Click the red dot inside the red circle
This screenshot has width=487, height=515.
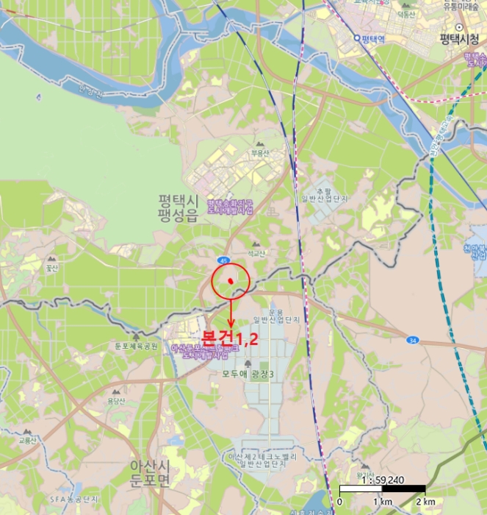point(231,281)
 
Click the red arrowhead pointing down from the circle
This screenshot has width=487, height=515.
point(231,324)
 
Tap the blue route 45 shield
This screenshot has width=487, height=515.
point(223,260)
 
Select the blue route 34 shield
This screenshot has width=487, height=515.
point(413,340)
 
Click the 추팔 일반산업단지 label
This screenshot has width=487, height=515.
point(323,193)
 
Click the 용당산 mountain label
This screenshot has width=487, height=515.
point(116,401)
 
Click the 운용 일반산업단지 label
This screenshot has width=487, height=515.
point(276,315)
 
